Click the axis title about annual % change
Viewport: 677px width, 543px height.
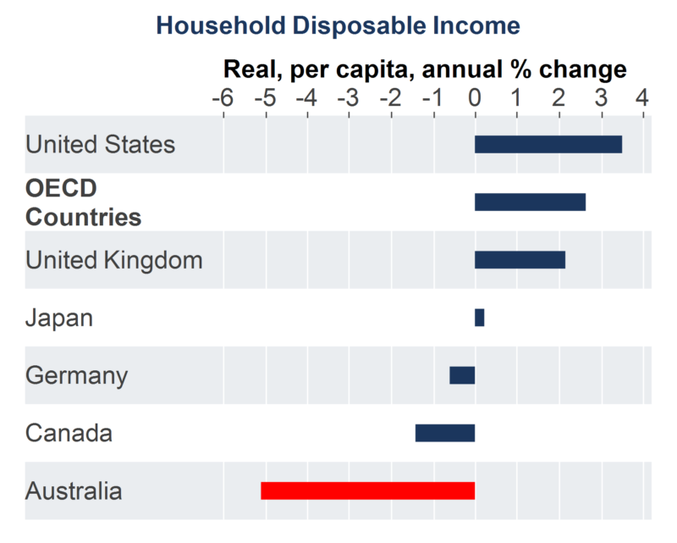tap(424, 69)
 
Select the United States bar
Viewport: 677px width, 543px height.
tap(548, 144)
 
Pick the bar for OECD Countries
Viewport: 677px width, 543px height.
tap(530, 202)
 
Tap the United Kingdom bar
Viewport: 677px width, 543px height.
tap(520, 259)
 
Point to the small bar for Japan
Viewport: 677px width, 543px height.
tap(479, 318)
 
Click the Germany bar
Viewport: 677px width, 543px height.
tap(462, 375)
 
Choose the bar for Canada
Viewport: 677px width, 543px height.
tap(444, 433)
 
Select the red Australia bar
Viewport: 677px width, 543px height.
tap(367, 490)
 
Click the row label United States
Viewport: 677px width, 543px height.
tap(100, 144)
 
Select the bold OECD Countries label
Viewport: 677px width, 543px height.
tap(83, 202)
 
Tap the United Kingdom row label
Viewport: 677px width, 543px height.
tap(114, 259)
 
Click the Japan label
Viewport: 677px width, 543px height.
tap(59, 318)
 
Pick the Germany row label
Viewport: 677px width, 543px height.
tap(76, 375)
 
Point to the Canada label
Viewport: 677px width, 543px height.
tap(69, 434)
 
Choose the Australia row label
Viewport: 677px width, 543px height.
tap(74, 490)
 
